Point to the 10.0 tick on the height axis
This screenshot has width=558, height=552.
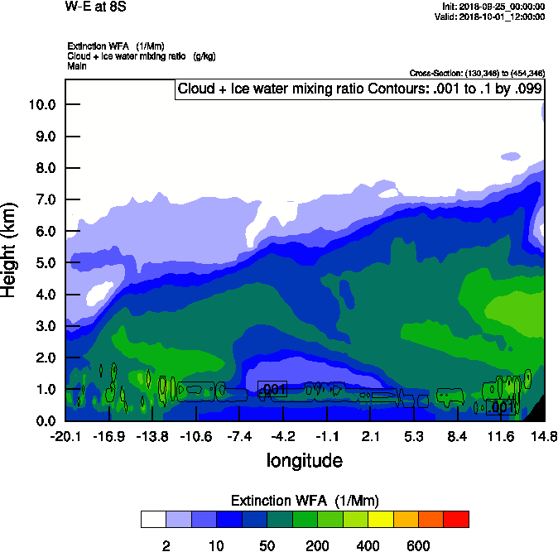(41, 105)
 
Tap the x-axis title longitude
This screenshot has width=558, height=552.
(304, 460)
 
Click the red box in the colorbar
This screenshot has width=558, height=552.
(456, 520)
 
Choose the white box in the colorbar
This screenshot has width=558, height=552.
(152, 520)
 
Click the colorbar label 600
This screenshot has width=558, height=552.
(418, 545)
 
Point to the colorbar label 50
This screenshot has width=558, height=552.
(267, 545)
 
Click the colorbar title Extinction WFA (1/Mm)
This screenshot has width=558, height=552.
(304, 501)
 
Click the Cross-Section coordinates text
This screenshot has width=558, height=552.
(477, 74)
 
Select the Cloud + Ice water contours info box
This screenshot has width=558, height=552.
(359, 89)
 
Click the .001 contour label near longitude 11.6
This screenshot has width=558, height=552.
(502, 407)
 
